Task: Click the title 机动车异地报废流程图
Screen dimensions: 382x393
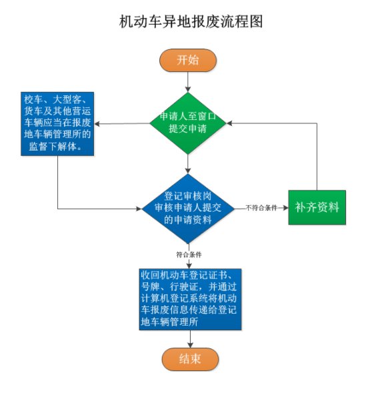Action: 191,21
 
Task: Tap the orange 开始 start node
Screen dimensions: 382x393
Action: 188,61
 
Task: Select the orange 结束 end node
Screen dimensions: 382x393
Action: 190,359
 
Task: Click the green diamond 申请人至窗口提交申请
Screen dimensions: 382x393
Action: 188,123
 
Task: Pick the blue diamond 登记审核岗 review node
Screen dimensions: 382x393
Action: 188,208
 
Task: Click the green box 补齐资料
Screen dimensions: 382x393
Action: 317,207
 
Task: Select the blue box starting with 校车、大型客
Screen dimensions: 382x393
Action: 57,124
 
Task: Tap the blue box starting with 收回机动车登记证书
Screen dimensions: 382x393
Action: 190,299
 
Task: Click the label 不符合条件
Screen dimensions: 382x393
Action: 261,208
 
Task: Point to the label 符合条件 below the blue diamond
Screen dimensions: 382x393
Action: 189,254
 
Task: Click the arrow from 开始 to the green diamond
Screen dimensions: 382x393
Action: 188,82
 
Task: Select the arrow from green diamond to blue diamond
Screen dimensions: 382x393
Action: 188,164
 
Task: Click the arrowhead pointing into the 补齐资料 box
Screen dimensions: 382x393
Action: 285,208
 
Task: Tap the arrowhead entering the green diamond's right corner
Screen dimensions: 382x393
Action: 229,123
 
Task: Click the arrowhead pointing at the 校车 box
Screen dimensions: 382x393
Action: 97,124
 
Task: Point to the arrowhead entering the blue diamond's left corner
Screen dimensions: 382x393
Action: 139,208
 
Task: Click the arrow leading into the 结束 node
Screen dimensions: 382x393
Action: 190,339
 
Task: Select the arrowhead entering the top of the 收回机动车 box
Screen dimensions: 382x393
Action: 189,266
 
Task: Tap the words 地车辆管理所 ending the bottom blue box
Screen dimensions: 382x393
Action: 169,322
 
